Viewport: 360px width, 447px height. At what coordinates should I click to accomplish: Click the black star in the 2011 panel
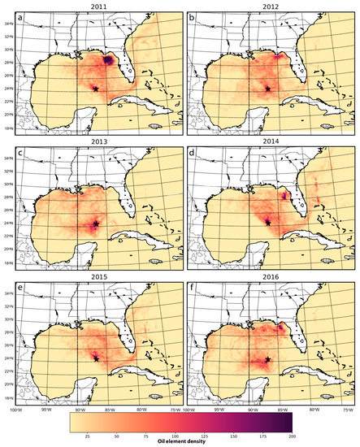tap(95, 88)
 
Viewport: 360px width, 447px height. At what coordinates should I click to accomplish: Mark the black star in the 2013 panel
tap(95, 223)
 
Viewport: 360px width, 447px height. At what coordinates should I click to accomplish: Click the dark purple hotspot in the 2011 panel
tap(109, 59)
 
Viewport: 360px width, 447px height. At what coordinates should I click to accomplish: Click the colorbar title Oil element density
tap(180, 443)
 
